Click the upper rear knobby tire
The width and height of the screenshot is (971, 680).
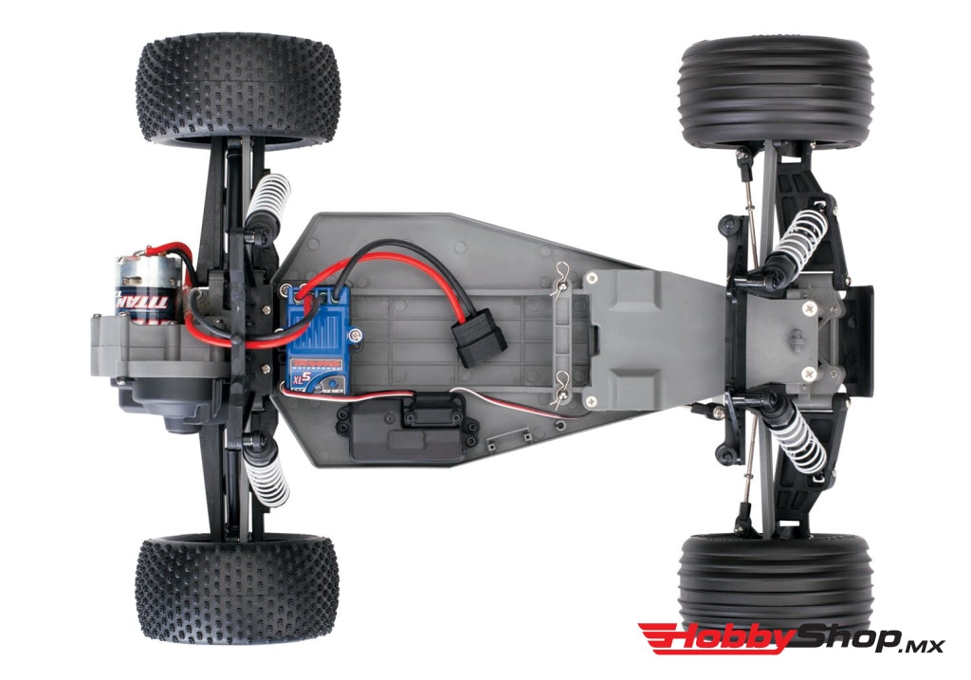coord(237,92)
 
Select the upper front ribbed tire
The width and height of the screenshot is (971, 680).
coord(776,92)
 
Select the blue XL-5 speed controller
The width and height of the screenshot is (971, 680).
coord(319,337)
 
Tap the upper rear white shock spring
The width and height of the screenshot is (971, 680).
coord(267,203)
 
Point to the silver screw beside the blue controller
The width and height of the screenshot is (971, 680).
coord(357,332)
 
